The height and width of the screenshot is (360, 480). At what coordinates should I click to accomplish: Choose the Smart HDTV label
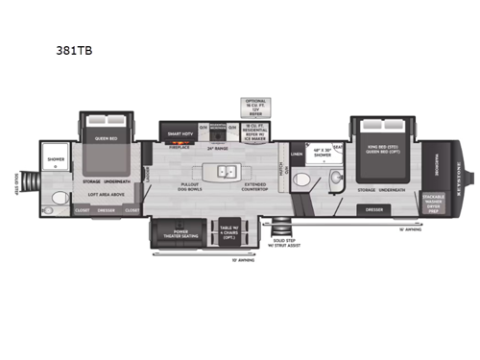pyautogui.click(x=180, y=134)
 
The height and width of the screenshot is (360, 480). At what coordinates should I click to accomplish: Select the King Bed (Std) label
pyautogui.click(x=381, y=151)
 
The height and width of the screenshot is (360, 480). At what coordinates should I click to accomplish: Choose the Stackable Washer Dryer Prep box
pyautogui.click(x=432, y=201)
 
